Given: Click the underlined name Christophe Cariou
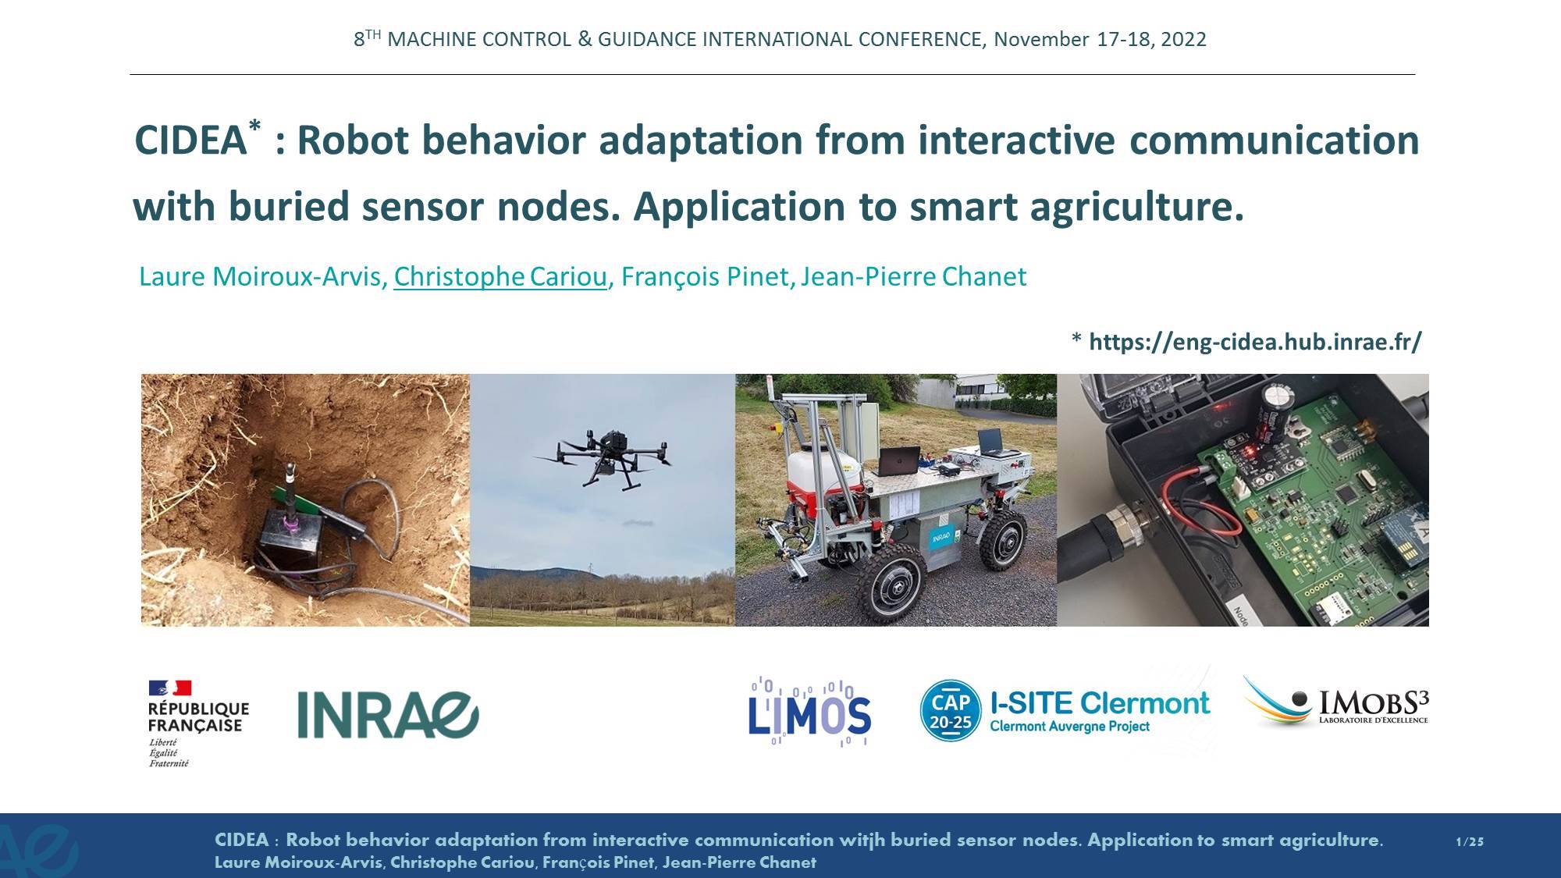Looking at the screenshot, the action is (x=500, y=276).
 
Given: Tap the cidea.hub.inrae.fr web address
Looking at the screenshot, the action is (x=1255, y=342).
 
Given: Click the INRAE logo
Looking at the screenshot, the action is (x=388, y=715).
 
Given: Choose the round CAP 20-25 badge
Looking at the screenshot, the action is (x=950, y=710).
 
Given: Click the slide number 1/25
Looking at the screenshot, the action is (x=1470, y=841).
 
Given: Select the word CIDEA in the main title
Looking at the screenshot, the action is (x=190, y=141).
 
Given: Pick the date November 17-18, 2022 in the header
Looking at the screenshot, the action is (x=1100, y=39).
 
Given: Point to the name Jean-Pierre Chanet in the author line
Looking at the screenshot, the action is (x=913, y=276).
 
